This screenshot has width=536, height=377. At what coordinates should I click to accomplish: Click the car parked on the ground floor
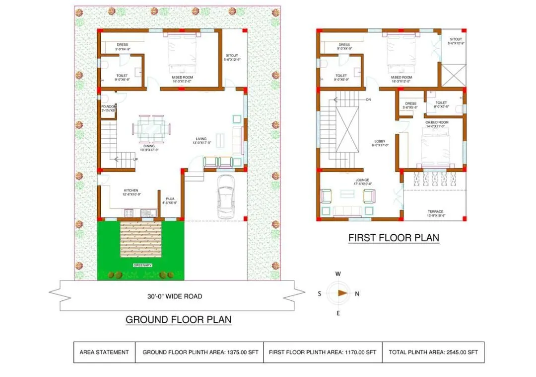tap(225, 196)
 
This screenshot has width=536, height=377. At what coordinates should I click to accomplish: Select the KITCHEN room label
tap(131, 190)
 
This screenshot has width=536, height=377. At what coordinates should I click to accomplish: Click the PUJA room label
tap(170, 198)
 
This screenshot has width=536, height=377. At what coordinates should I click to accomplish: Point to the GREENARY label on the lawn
tap(142, 266)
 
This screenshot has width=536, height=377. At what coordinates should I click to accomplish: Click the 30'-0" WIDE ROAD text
tap(175, 296)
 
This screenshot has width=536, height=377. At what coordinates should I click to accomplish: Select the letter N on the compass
tap(357, 293)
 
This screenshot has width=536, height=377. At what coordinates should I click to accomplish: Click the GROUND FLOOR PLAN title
tap(178, 319)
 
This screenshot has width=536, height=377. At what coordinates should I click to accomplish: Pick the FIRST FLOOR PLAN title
tap(394, 238)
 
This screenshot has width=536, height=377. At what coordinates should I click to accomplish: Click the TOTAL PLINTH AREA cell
tap(433, 352)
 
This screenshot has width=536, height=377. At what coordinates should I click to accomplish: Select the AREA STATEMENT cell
tap(104, 352)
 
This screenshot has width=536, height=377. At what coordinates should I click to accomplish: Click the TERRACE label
tap(435, 211)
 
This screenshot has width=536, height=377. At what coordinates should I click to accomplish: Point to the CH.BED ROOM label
tap(437, 122)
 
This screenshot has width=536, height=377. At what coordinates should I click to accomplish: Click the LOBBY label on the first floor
tap(380, 141)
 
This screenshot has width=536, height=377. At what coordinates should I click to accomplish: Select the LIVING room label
tap(201, 139)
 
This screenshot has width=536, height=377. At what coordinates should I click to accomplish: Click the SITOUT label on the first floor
tap(456, 39)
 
